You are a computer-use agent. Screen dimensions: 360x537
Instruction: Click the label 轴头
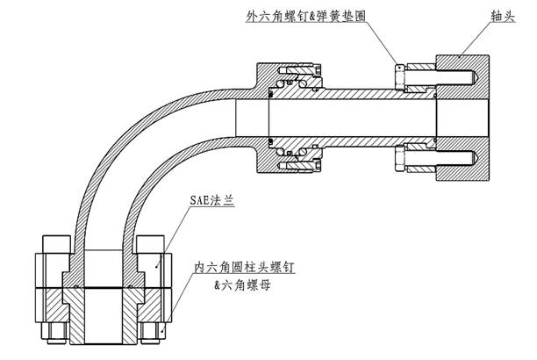click(x=483, y=17)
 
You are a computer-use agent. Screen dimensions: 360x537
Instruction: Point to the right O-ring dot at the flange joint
click(x=130, y=287)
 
